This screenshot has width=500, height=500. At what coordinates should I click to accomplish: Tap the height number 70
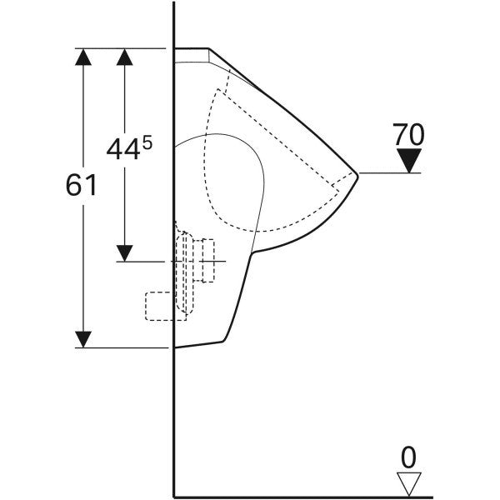pyautogui.click(x=408, y=133)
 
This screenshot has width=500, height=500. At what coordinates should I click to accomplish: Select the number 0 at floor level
pyautogui.click(x=407, y=457)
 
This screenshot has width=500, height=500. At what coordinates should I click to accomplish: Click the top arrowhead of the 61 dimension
pyautogui.click(x=83, y=57)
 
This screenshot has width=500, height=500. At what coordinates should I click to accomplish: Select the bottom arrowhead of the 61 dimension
pyautogui.click(x=83, y=339)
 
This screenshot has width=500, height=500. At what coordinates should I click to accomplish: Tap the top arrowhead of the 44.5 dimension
pyautogui.click(x=125, y=57)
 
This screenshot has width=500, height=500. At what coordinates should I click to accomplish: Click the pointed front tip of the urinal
pyautogui.click(x=357, y=174)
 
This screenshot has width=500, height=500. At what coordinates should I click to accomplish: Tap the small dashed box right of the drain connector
pyautogui.click(x=207, y=259)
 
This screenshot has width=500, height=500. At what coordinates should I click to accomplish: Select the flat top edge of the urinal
pyautogui.click(x=191, y=49)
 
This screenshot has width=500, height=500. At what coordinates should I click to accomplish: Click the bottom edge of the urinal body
pyautogui.click(x=200, y=344)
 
